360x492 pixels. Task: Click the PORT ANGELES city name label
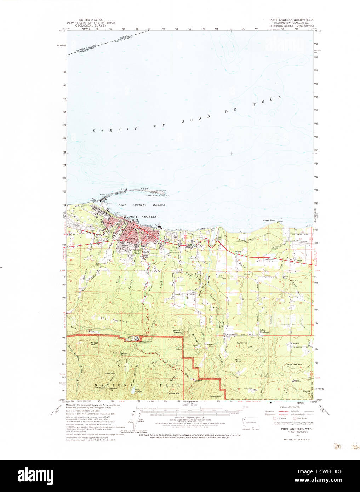pos(143,217)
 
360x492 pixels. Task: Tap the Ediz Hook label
pos(135,189)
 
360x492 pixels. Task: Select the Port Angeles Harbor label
pos(142,205)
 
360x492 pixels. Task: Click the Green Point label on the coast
pos(269,221)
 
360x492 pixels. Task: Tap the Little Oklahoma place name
pos(264,331)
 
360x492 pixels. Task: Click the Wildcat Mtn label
pos(94,343)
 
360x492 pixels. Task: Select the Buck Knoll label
pos(238,361)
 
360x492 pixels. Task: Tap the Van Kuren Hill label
pos(294,365)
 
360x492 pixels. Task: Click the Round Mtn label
pos(215,396)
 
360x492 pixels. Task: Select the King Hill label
pos(295,343)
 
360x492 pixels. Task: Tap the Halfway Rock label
pos(124,354)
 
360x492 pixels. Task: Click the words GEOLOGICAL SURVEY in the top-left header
pos(91,25)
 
